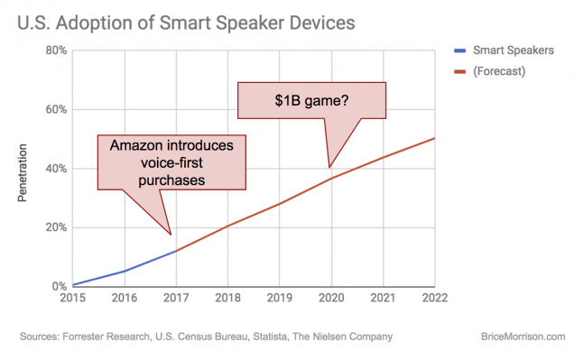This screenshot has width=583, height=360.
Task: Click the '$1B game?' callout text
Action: (311, 99)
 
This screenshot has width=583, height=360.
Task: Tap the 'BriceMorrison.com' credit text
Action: (523, 337)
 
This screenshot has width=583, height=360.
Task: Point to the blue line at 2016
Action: (125, 271)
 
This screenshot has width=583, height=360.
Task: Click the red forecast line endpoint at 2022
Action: (434, 138)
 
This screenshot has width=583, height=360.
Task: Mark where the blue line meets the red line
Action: (176, 251)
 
